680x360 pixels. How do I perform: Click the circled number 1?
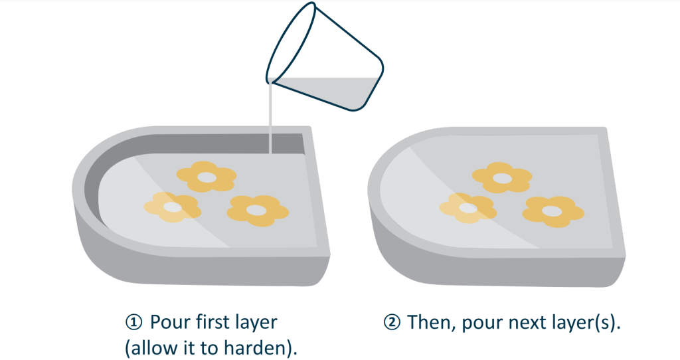tap(133, 322)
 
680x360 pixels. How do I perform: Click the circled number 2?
tap(392, 322)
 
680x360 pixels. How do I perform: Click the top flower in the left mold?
tap(207, 177)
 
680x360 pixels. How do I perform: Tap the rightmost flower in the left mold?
tap(258, 211)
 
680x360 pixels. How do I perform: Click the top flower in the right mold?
tap(502, 177)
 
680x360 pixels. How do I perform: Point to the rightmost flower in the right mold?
tap(552, 212)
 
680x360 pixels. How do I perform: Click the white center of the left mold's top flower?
tap(207, 177)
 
